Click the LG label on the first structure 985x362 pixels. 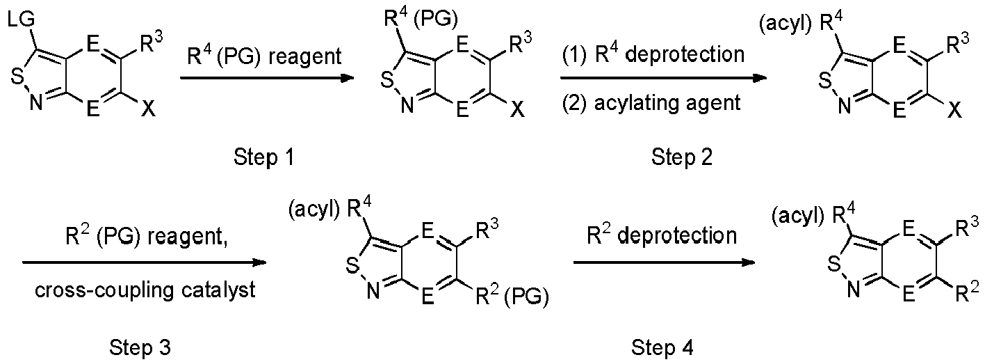[x=20, y=20]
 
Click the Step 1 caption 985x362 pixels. [x=263, y=157]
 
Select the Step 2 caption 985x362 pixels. [x=682, y=157]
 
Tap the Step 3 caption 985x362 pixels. [x=140, y=348]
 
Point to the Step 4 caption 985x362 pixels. [x=662, y=348]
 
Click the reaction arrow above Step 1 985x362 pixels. [x=267, y=79]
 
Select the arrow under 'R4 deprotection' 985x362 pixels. [x=663, y=79]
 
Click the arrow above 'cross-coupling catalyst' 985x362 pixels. [x=144, y=263]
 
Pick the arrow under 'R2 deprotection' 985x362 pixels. [x=664, y=263]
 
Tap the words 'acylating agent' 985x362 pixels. [x=667, y=103]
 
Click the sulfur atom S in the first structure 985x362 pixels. [x=17, y=77]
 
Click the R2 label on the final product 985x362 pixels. [x=968, y=292]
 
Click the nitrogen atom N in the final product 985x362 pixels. [x=854, y=290]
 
